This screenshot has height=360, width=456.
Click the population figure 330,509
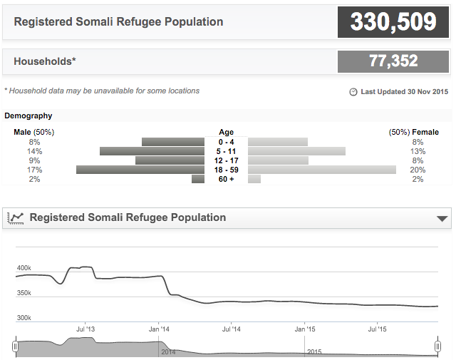pyautogui.click(x=393, y=21)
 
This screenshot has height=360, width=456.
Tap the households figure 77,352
pyautogui.click(x=393, y=61)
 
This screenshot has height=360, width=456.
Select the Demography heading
pyautogui.click(x=28, y=115)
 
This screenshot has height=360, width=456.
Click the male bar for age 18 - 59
pyautogui.click(x=140, y=170)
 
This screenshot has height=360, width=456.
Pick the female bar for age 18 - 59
pyautogui.click(x=322, y=170)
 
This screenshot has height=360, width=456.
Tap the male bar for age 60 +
pyautogui.click(x=198, y=179)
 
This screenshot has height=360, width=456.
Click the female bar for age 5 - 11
pyautogui.click(x=296, y=151)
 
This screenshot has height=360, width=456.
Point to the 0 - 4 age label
pyautogui.click(x=226, y=142)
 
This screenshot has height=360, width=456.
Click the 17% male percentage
pyautogui.click(x=34, y=170)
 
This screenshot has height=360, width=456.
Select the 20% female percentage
pyautogui.click(x=418, y=170)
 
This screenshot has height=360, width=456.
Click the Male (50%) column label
pyautogui.click(x=34, y=132)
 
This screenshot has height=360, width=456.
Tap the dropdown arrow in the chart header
pyautogui.click(x=442, y=218)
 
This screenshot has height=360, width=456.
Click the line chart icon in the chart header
pyautogui.click(x=16, y=218)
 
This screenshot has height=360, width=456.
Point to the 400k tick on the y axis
pyautogui.click(x=24, y=268)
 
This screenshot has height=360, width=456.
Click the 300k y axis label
pyautogui.click(x=24, y=318)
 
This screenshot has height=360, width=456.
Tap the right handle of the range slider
pyautogui.click(x=437, y=346)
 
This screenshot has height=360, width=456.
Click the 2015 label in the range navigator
pyautogui.click(x=314, y=352)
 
